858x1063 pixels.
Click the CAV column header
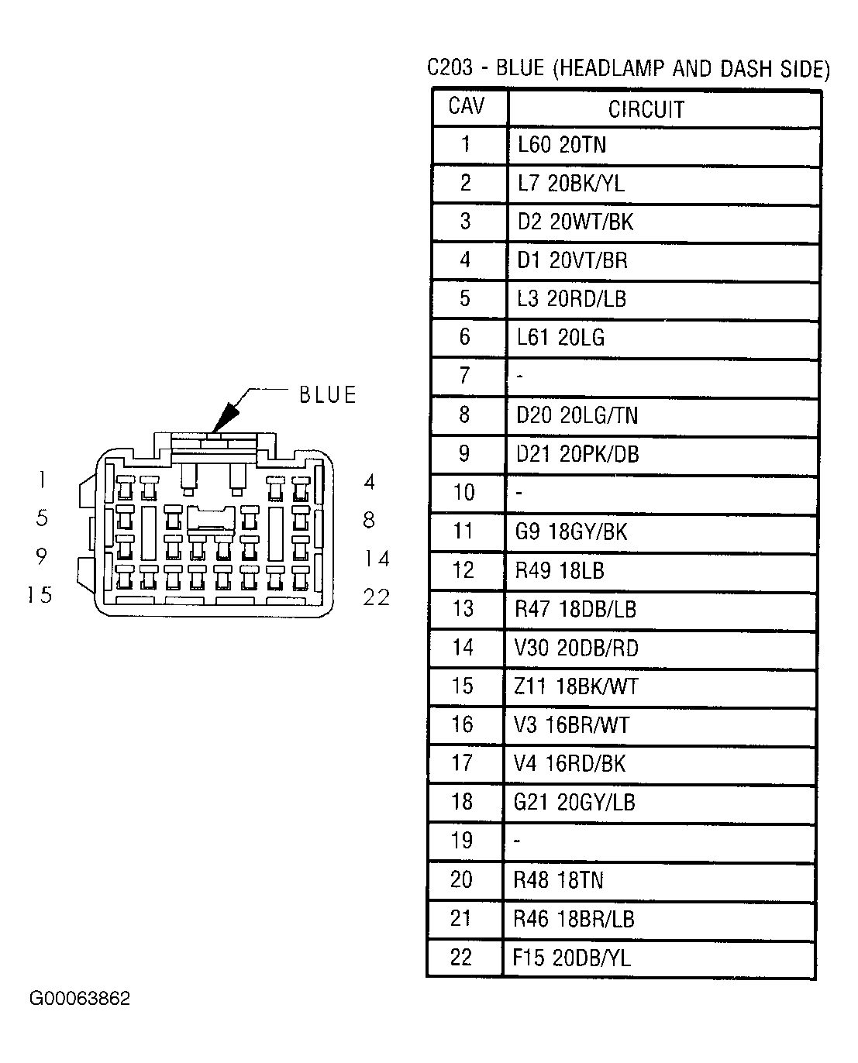tap(466, 105)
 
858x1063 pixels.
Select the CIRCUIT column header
tap(646, 110)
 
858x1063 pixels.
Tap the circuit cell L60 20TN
tap(561, 145)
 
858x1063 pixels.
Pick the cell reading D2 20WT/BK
tap(575, 222)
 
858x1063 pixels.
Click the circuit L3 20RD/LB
tap(571, 299)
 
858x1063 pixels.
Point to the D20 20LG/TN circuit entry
tap(577, 415)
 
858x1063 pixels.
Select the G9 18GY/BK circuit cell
tap(571, 532)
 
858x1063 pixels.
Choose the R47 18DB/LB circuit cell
tap(575, 609)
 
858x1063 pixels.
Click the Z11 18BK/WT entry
tap(576, 686)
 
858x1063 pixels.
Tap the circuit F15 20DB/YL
tap(572, 958)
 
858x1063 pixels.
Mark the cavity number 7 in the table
tap(464, 376)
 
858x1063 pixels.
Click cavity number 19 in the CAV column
tap(462, 840)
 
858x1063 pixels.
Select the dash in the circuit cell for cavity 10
tap(519, 493)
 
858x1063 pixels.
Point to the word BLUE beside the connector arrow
tap(328, 394)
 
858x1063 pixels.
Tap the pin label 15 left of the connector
tap(40, 595)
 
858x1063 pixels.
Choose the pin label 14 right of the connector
tap(377, 559)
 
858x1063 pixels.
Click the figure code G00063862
tap(80, 998)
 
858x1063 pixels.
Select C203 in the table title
tap(450, 68)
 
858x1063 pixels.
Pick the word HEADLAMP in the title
tap(612, 69)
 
